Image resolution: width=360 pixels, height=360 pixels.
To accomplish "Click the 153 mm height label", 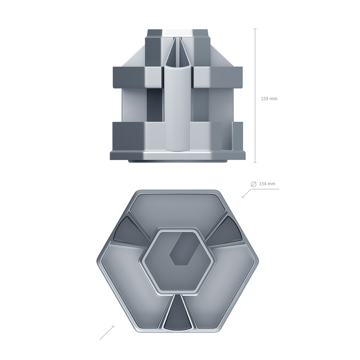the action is tap(269, 99).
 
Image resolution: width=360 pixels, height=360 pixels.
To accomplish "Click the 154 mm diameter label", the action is tap(267, 184).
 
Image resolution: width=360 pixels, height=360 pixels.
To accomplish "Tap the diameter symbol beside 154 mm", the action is tap(253, 184).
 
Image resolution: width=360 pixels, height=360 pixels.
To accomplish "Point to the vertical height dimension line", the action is tap(255, 96).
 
